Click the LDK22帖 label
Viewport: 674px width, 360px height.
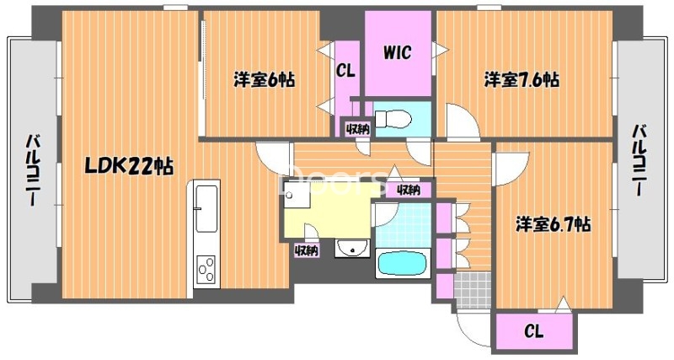(x=127, y=166)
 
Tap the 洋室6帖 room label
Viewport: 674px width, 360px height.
(x=264, y=82)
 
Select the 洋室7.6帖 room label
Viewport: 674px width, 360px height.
(x=522, y=81)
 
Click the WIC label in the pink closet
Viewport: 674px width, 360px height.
(x=397, y=53)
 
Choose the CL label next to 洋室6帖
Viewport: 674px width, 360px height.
(x=345, y=71)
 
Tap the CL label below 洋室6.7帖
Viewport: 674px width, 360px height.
(x=533, y=331)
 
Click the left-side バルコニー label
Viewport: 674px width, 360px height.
(x=33, y=169)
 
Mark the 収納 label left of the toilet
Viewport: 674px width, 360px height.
(x=356, y=129)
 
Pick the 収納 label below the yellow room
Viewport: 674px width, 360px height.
(x=306, y=250)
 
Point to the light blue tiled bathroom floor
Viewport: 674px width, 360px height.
(x=403, y=223)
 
